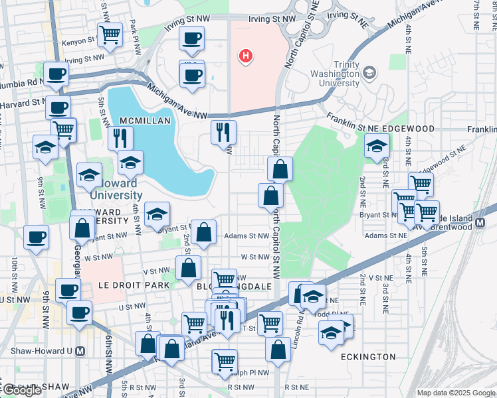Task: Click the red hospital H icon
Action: pyautogui.click(x=246, y=56)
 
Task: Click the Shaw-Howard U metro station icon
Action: pyautogui.click(x=80, y=351)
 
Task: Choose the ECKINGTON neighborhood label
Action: pyautogui.click(x=368, y=357)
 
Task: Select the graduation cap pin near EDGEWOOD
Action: pyautogui.click(x=377, y=145)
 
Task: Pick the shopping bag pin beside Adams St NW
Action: pyautogui.click(x=204, y=232)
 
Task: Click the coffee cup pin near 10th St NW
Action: pyautogui.click(x=37, y=236)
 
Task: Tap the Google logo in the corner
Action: pyautogui.click(x=23, y=391)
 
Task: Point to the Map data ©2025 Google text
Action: pyautogui.click(x=456, y=393)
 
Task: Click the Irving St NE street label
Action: pyautogui.click(x=346, y=15)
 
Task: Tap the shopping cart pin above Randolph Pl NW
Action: pyautogui.click(x=225, y=362)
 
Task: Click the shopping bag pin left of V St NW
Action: pyautogui.click(x=189, y=268)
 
